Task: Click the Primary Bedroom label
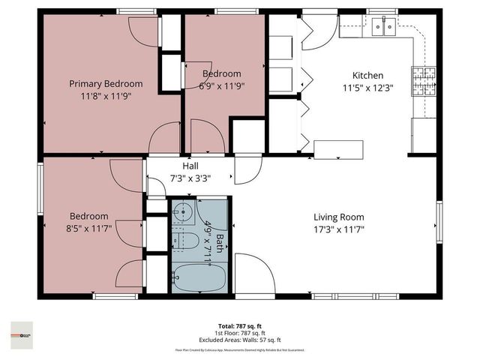coord(106,83)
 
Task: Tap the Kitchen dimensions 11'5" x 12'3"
coord(368,87)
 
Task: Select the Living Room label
coord(338,216)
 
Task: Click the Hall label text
coord(190,166)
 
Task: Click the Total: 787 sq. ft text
coord(240,327)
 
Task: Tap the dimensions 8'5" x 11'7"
coord(89,228)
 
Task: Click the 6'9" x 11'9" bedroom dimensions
coord(221,85)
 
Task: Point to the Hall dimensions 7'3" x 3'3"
coord(190,178)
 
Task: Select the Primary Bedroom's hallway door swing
coord(163,139)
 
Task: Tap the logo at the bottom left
coord(22,331)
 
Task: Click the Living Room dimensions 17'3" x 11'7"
coord(338,229)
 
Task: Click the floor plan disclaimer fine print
coord(240,350)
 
